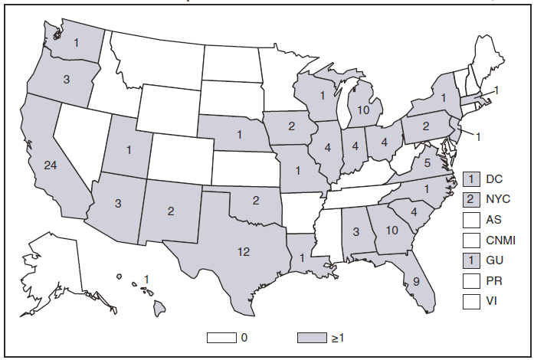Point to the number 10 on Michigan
[364, 110]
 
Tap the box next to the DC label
[471, 178]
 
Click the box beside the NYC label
[471, 198]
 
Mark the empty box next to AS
[471, 219]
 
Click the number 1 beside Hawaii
[146, 278]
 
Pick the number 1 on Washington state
[77, 44]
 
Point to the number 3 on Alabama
[355, 230]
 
